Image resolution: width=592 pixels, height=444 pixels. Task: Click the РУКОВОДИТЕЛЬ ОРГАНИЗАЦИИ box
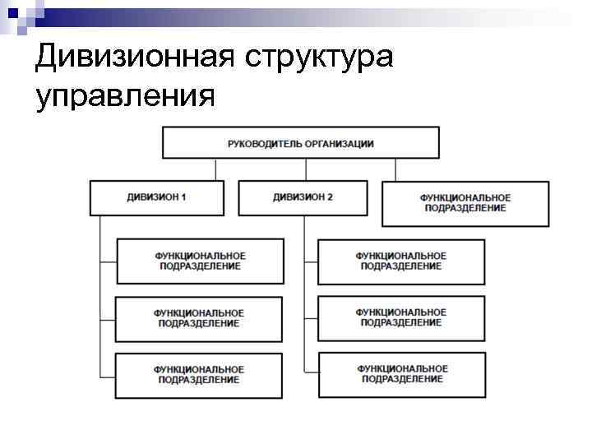(x=300, y=143)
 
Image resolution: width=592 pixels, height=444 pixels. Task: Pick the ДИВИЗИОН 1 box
(x=156, y=198)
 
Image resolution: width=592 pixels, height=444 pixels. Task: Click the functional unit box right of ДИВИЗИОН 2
(x=465, y=203)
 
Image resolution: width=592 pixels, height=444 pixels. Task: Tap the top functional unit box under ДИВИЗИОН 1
(x=200, y=261)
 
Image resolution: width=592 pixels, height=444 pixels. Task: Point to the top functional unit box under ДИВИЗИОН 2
(x=401, y=261)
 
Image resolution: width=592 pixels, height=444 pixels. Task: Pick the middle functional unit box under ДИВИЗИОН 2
(x=401, y=318)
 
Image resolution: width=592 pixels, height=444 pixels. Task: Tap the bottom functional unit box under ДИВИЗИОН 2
(x=402, y=374)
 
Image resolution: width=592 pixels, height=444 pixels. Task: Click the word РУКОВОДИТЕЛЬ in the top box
(x=265, y=143)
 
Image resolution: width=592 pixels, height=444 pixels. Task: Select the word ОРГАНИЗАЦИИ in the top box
(x=338, y=143)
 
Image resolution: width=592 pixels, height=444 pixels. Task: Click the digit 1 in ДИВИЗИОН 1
(x=183, y=198)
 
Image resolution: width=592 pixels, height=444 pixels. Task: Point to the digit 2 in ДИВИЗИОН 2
(x=330, y=198)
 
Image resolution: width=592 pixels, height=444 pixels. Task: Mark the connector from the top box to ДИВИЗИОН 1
(x=216, y=169)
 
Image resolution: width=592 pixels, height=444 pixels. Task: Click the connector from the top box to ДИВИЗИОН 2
(x=306, y=169)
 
